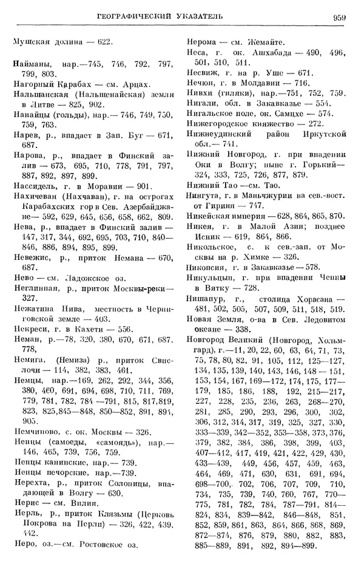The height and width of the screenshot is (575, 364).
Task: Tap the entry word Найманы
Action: click(x=30, y=63)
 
